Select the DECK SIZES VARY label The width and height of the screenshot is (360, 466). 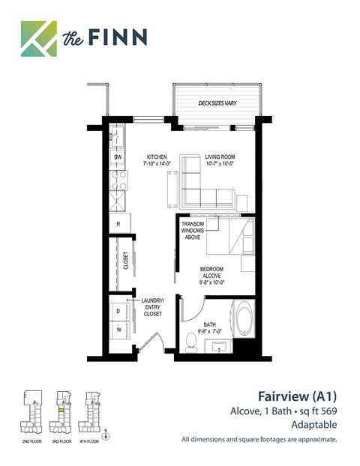[217, 103]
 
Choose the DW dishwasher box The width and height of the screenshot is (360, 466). [118, 157]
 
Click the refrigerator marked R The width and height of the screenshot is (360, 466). [118, 223]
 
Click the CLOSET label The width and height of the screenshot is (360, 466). [125, 261]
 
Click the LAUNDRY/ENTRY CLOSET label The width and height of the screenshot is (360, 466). [152, 307]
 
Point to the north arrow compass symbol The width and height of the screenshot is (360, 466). [107, 433]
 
